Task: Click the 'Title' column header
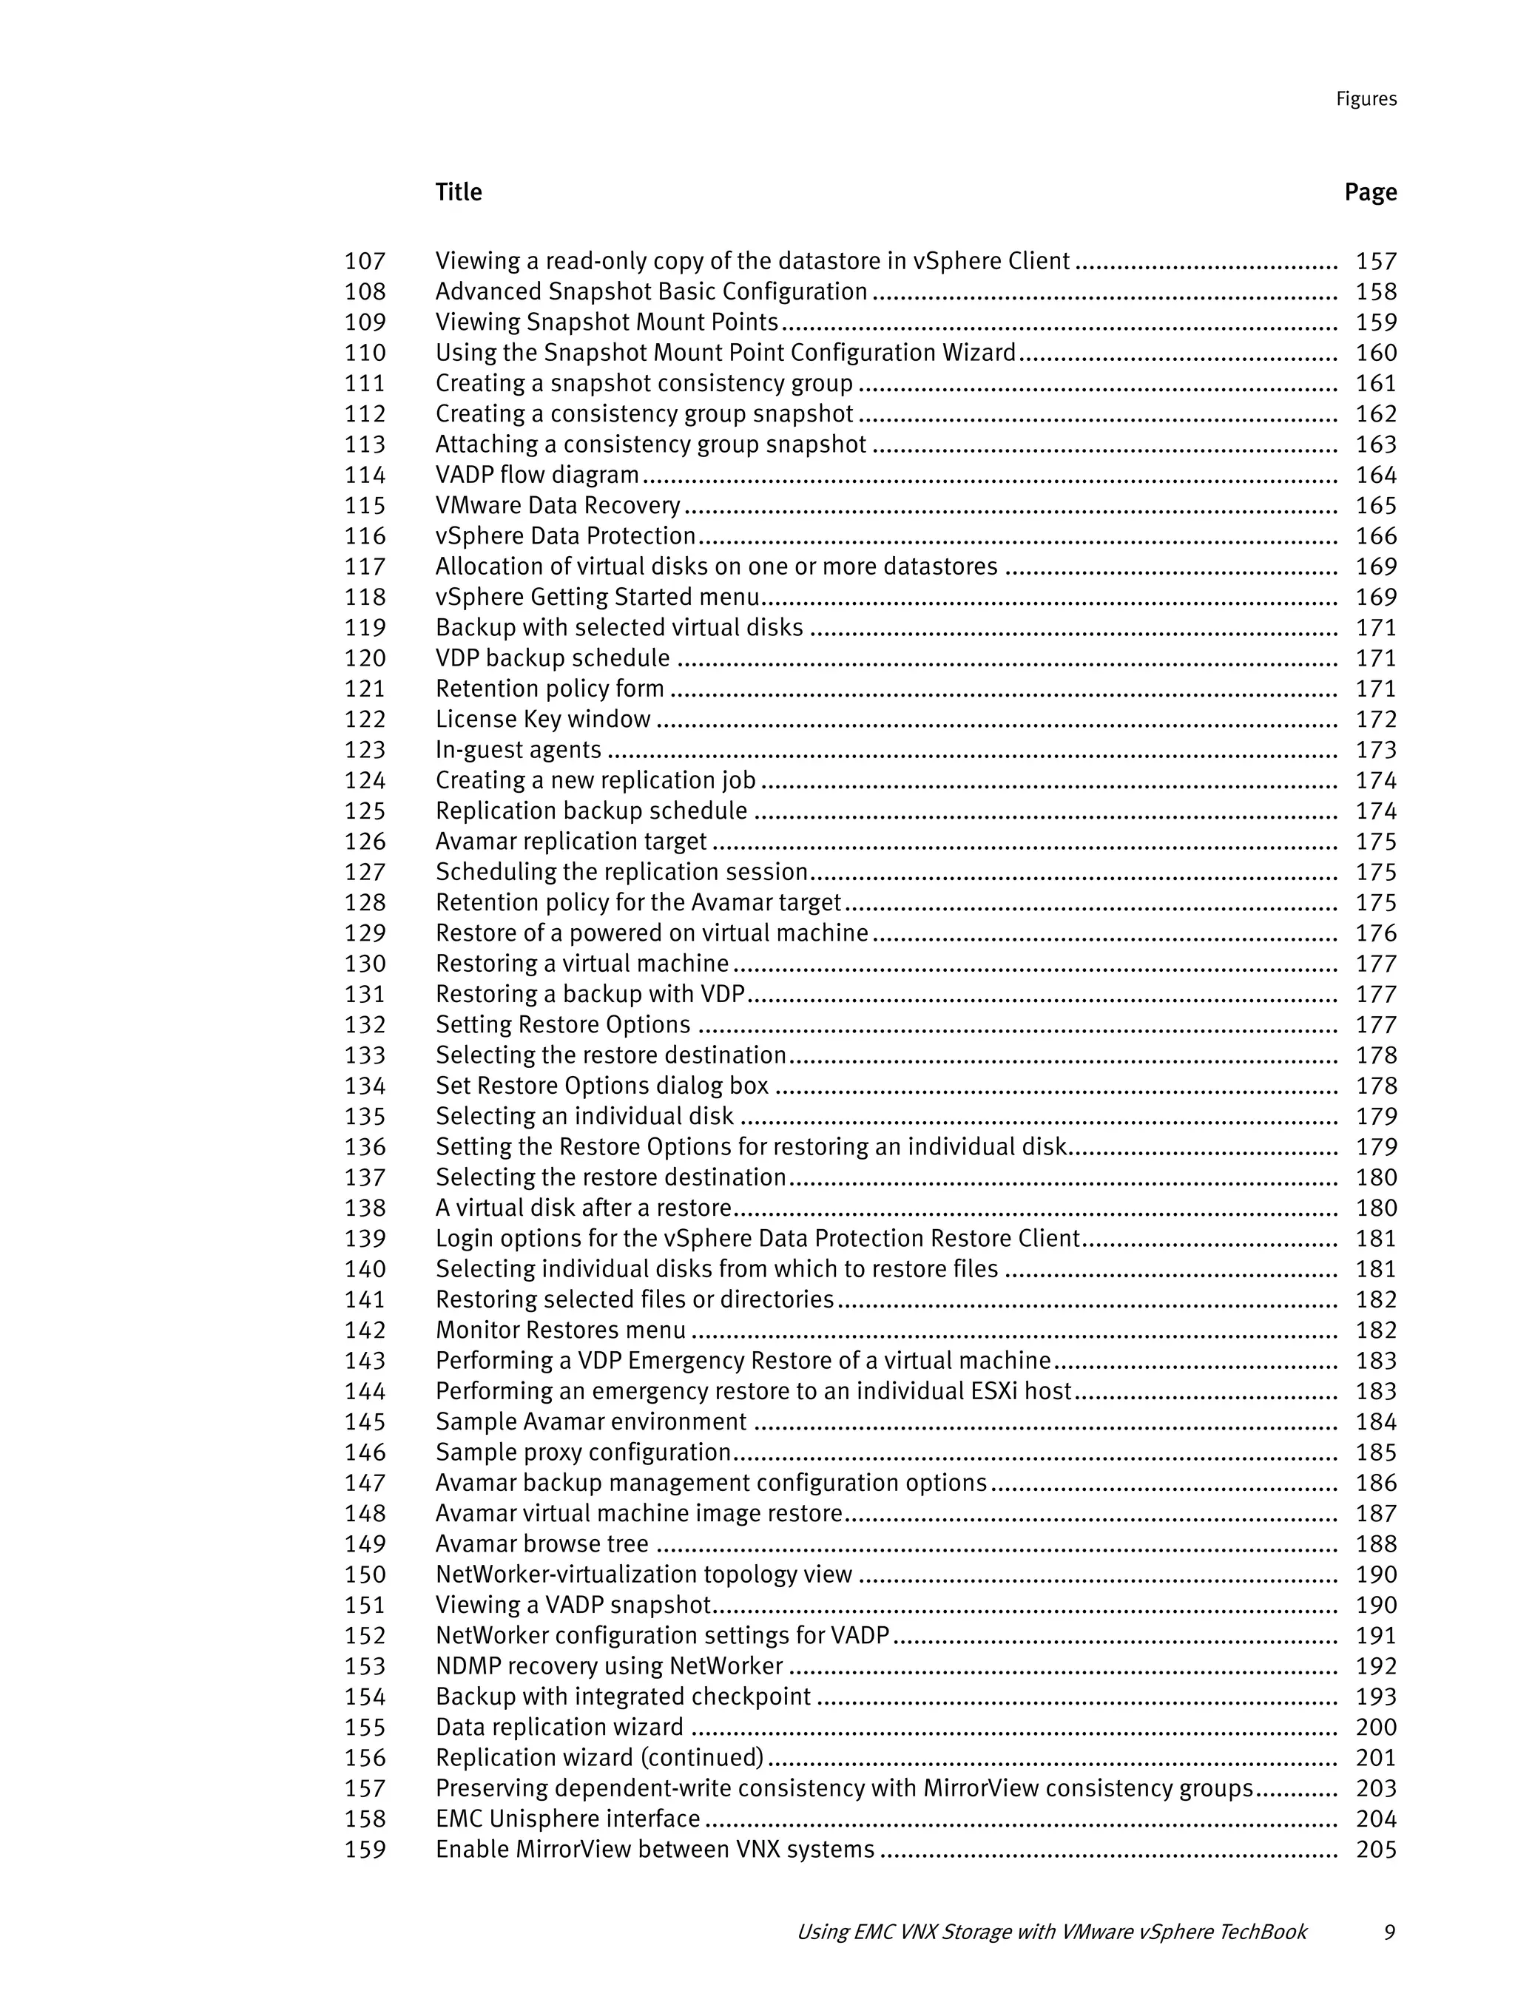(459, 192)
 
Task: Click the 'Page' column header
(1369, 192)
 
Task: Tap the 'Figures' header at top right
(1366, 99)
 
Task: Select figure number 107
(365, 262)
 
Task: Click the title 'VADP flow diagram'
(537, 475)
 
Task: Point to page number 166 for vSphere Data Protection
(1375, 536)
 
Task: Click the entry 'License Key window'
(542, 719)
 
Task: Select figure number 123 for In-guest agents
(365, 750)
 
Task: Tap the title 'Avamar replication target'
(570, 841)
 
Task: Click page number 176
(1375, 933)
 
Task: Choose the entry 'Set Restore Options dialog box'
(601, 1086)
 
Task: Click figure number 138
(365, 1208)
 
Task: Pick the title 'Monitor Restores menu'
(561, 1330)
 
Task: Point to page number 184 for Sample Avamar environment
(1375, 1421)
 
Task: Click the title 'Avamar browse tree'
(541, 1544)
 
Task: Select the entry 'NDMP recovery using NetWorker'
(609, 1666)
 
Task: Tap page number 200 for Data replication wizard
(1375, 1727)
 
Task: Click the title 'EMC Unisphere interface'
(567, 1819)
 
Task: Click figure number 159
(365, 1849)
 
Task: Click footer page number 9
(1389, 1932)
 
